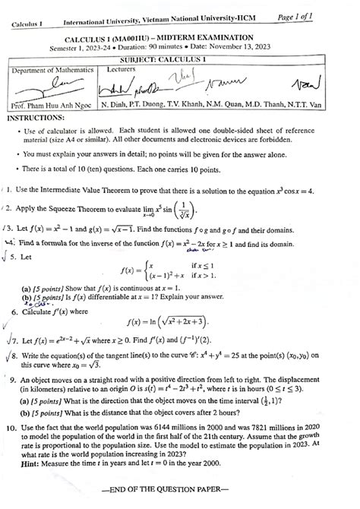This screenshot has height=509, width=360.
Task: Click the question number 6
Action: coord(15,310)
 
